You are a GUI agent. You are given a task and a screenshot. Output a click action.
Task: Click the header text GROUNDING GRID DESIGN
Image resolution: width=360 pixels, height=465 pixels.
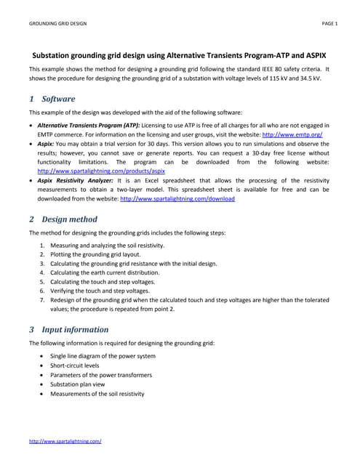(x=57, y=24)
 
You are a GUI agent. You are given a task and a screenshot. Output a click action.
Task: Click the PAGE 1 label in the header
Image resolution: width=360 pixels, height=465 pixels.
(x=329, y=24)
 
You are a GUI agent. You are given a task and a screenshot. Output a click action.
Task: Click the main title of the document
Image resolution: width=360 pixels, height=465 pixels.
(x=180, y=54)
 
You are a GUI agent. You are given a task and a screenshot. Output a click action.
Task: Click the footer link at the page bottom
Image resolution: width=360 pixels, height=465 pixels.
(x=65, y=441)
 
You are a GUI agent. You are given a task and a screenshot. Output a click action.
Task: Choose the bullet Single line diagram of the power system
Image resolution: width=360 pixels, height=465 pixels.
(x=103, y=356)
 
